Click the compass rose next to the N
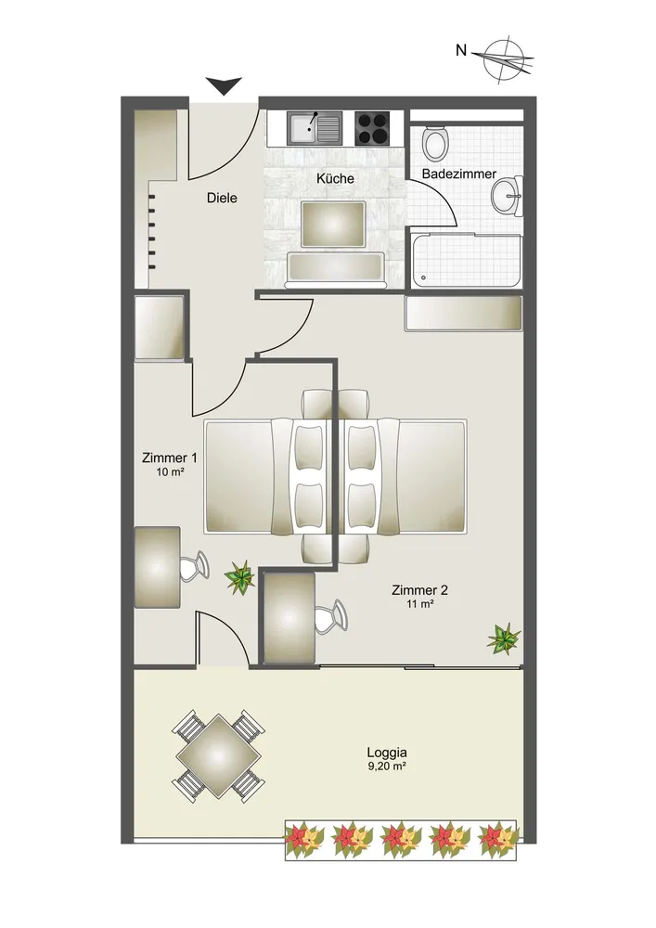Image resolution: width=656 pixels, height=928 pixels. pos(507,59)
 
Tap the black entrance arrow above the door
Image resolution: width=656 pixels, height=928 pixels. pos(224,85)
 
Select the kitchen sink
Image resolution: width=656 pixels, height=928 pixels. pos(315,129)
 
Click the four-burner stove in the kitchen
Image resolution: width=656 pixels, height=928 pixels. pos(373,128)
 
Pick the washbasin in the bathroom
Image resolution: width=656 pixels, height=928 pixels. pos(507,195)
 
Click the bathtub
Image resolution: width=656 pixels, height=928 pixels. pos(467,261)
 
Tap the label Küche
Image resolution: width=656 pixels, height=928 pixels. pos(335,178)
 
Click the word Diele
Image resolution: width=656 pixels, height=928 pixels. pos(222,198)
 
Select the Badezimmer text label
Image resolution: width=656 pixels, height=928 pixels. pos(459,174)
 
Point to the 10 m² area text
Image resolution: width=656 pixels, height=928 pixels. pos(170,471)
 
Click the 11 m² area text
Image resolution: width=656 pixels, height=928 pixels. pos(420,604)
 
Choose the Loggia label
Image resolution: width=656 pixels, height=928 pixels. pos(387,753)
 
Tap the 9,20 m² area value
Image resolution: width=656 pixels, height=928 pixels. pos(387,767)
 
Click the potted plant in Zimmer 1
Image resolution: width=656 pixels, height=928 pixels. pos(239,577)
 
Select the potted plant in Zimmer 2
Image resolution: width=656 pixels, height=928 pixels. pos(504,638)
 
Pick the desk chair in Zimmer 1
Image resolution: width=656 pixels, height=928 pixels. pos(194,566)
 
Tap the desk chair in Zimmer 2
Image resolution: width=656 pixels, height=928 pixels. pos(330,617)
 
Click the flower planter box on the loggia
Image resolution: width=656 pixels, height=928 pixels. pos(401,840)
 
